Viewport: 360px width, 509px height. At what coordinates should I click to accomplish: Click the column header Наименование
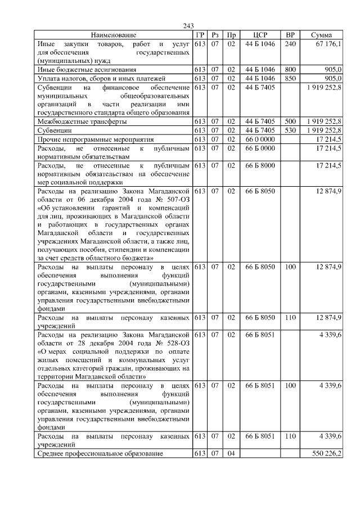pos(114,35)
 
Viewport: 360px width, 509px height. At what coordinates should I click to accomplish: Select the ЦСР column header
pos(259,35)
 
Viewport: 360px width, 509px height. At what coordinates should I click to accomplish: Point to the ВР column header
pos(290,35)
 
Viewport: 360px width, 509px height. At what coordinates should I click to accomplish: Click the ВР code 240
pos(290,43)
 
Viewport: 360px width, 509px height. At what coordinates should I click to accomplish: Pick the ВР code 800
pos(290,69)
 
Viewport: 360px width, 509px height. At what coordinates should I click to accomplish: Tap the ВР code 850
pos(290,78)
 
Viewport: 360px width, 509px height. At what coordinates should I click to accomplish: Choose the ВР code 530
pos(290,130)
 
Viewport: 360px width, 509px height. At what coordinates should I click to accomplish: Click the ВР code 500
pos(290,121)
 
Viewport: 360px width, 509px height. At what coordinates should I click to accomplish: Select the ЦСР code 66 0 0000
pos(259,139)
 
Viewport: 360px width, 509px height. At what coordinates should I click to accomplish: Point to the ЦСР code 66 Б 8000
pos(259,165)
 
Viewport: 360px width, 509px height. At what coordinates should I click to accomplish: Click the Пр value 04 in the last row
pos(231,453)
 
